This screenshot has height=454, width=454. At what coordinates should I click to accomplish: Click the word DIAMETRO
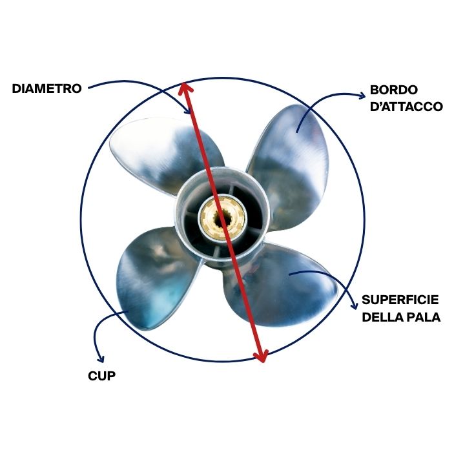(x=46, y=89)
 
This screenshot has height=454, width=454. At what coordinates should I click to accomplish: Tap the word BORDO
(x=394, y=90)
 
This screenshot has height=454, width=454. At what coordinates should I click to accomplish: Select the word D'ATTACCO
(x=406, y=106)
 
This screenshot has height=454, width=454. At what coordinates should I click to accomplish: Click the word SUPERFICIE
(x=400, y=300)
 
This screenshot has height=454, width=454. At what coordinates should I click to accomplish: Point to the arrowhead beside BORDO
(x=361, y=96)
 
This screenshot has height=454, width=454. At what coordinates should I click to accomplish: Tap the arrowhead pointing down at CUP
(x=100, y=358)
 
